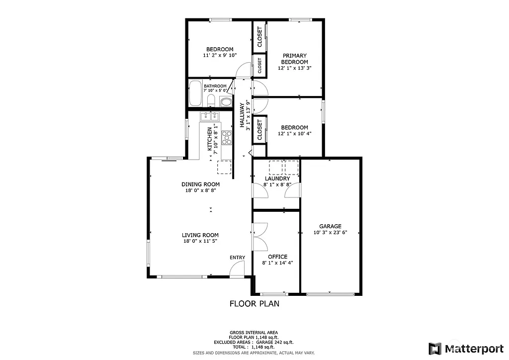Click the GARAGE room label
point(330,226)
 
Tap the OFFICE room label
point(277,257)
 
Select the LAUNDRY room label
point(277,179)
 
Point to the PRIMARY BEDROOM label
point(295,59)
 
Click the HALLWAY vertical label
point(243,116)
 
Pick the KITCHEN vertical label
point(210,139)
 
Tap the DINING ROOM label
point(200,184)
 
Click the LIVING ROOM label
point(200,235)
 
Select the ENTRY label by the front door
point(237,257)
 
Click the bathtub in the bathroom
point(195,93)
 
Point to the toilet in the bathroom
point(211,101)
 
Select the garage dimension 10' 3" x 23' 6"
point(330,232)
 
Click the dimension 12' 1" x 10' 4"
point(295,134)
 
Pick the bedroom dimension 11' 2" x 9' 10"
point(220,55)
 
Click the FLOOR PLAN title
point(254,303)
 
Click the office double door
point(258,237)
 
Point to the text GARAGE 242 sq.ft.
point(275,342)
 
